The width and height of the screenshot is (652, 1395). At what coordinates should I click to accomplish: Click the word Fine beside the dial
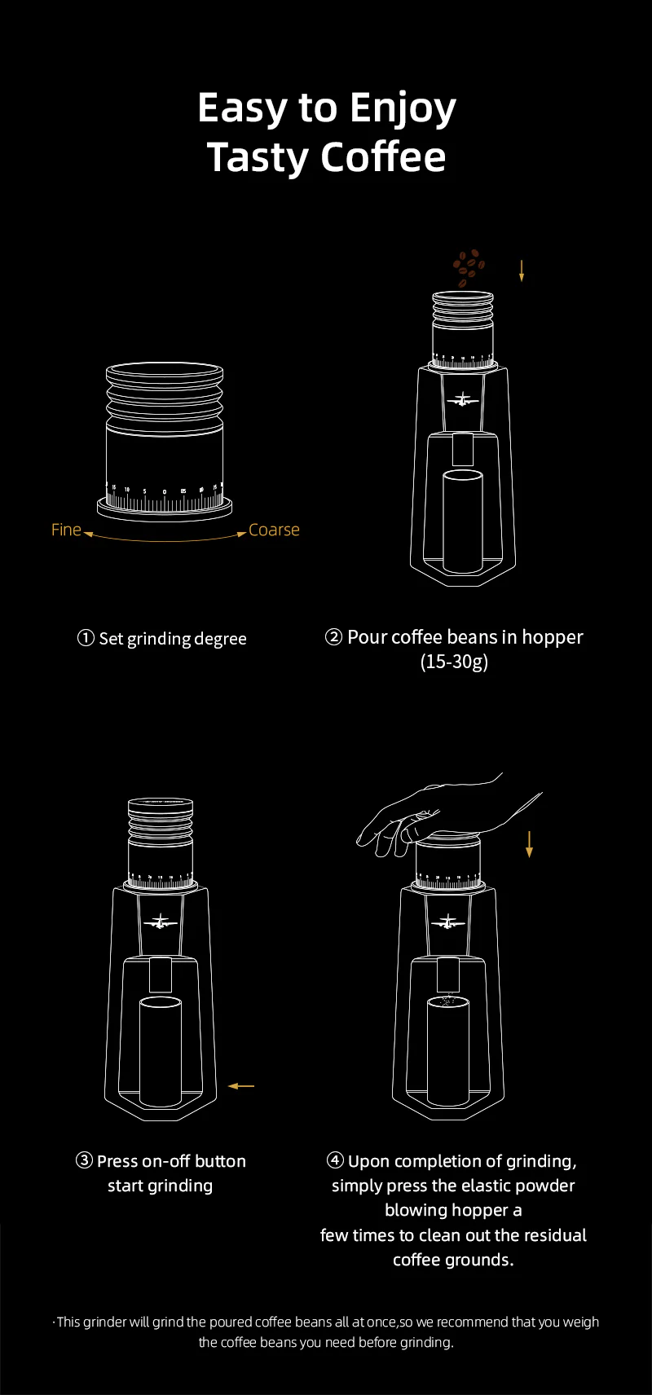[x=66, y=530]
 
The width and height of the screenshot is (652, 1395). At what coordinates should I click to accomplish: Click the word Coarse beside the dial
[x=274, y=530]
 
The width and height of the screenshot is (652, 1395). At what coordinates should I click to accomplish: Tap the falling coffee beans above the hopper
[x=469, y=268]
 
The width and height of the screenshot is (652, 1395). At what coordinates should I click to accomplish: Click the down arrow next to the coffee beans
[x=522, y=271]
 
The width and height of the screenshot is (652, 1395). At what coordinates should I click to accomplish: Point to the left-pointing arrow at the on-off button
[x=241, y=1086]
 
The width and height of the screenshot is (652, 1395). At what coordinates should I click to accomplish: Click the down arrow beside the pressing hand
[x=529, y=844]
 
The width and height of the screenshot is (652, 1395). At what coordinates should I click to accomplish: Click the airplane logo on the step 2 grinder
[x=463, y=400]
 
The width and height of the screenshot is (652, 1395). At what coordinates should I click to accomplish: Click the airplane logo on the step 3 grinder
[x=160, y=922]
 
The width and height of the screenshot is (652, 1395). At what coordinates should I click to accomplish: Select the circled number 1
[x=86, y=638]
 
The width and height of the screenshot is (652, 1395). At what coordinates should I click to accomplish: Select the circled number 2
[x=334, y=637]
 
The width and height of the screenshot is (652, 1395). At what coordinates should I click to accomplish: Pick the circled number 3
[x=84, y=1160]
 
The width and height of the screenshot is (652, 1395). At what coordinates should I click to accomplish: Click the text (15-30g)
[x=454, y=662]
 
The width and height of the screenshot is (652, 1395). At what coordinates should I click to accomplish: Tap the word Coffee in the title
[x=383, y=156]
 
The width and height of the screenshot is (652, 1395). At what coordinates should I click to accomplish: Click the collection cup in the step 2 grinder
[x=463, y=521]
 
